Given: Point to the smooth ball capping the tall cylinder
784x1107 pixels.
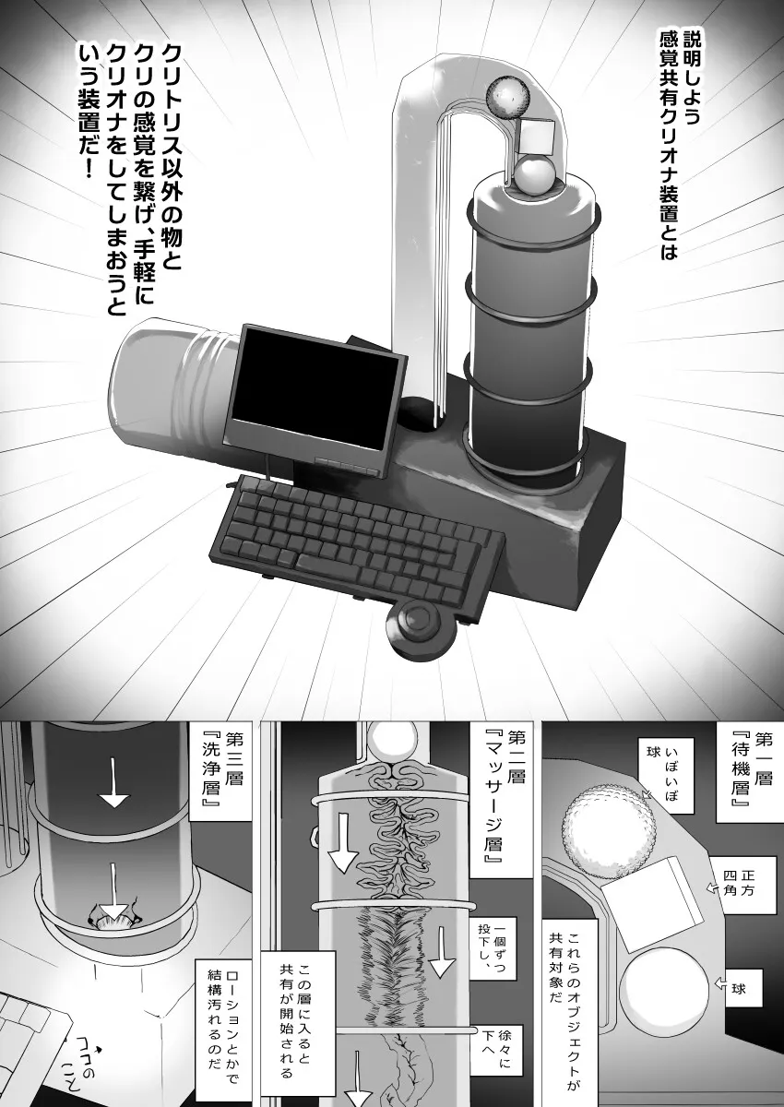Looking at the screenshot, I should click(532, 175).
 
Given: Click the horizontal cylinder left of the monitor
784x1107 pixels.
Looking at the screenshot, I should click(171, 388).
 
